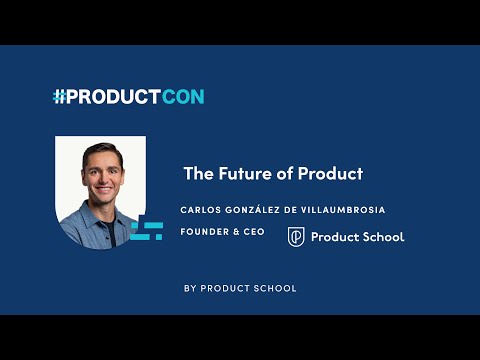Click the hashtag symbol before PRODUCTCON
(x=59, y=97)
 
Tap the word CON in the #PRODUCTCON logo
(x=183, y=97)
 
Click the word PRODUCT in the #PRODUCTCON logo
(x=113, y=97)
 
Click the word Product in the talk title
(x=330, y=173)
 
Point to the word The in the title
(x=199, y=173)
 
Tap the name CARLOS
(x=201, y=210)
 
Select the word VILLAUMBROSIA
(x=343, y=210)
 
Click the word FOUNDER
(x=205, y=232)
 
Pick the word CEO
(x=254, y=232)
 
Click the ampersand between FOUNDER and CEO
(x=236, y=232)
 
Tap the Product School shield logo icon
(x=296, y=237)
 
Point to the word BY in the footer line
(x=190, y=288)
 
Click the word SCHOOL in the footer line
(x=275, y=288)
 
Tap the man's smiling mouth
(x=104, y=190)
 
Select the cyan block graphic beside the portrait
(x=147, y=231)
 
